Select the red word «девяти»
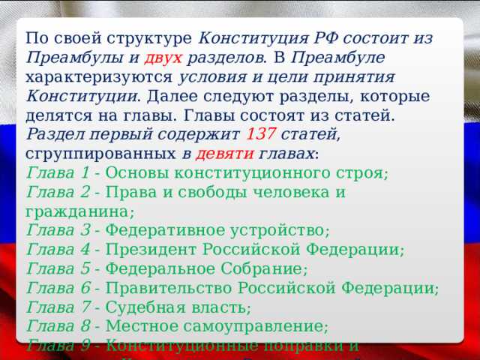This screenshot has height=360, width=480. [x=226, y=154]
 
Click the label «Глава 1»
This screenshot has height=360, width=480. [x=54, y=173]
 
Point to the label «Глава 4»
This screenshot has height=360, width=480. [x=54, y=250]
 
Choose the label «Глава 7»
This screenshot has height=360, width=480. [x=54, y=307]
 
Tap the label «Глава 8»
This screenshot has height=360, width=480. [x=54, y=327]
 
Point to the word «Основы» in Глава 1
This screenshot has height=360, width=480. [x=134, y=173]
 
